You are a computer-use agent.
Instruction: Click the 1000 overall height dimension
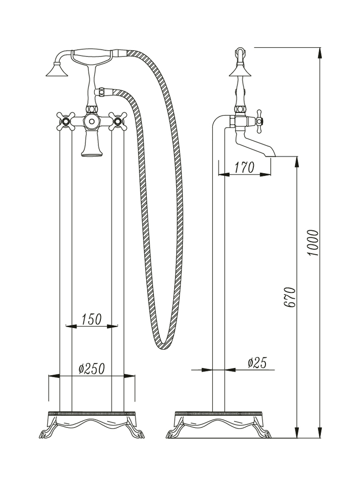tap(314, 243)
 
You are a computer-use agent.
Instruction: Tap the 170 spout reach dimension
tap(244, 168)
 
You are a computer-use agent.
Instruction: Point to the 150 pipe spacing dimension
tap(91, 319)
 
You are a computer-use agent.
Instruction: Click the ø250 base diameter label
tap(91, 369)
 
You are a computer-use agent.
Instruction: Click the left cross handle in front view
tap(66, 121)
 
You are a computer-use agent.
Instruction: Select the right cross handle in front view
tap(117, 121)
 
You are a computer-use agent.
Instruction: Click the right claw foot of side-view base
tap(265, 433)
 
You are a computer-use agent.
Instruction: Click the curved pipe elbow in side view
tap(218, 121)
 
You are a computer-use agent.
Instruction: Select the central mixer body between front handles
tap(91, 122)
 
